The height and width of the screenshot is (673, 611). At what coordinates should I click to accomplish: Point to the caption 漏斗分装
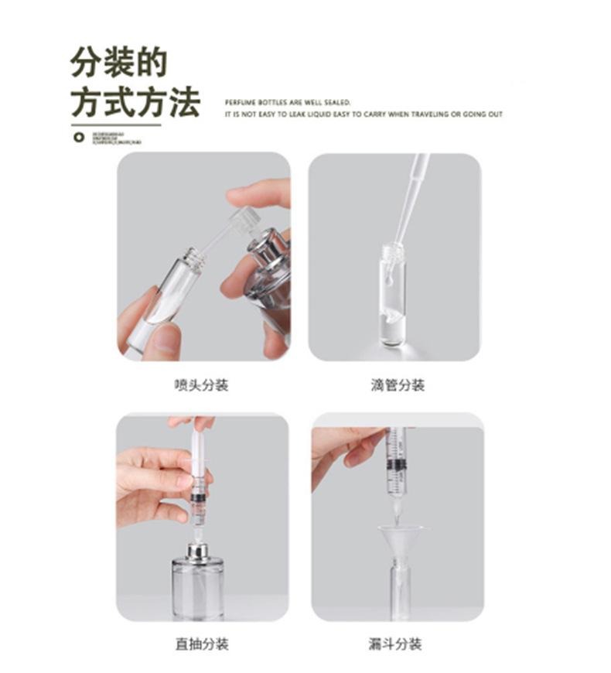(395, 644)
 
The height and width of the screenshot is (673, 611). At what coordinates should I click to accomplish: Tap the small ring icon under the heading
(77, 138)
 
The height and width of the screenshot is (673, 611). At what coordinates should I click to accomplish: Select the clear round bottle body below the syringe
(197, 592)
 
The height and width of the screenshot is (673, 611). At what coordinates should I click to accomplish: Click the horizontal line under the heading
(116, 124)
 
